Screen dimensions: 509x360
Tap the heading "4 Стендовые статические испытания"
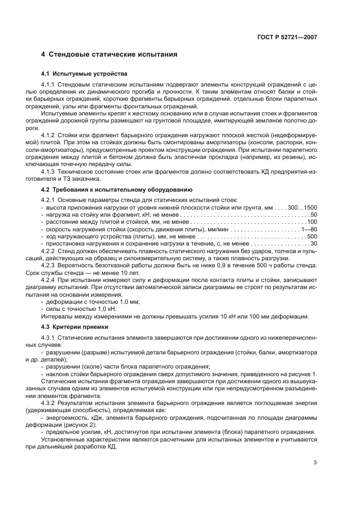pos(109,54)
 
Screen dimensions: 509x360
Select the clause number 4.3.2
pos(48,402)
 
